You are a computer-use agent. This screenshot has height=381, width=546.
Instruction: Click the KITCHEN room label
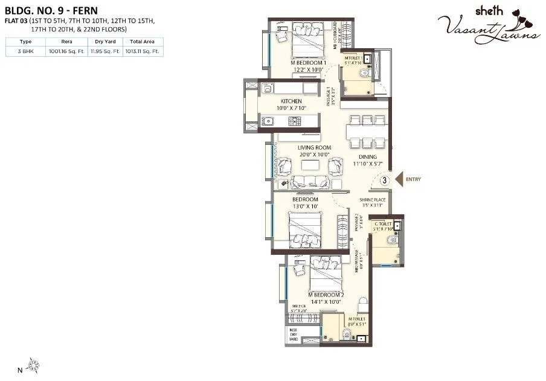[291, 101]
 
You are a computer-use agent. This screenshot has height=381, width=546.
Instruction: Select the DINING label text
[367, 157]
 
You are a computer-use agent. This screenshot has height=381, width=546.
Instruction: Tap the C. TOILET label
[383, 224]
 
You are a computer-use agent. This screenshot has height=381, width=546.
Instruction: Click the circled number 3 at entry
[384, 179]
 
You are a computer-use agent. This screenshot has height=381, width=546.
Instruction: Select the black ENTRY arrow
[399, 179]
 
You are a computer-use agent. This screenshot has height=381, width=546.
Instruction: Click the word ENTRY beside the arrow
[414, 179]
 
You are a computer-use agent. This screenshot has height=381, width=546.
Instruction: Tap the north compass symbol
[34, 364]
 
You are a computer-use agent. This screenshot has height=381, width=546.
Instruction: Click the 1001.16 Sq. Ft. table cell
[66, 51]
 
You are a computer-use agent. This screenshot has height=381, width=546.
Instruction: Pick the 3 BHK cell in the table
[25, 51]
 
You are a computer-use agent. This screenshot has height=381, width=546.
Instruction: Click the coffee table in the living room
[310, 165]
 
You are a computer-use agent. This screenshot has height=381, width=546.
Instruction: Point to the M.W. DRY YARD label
[294, 335]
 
